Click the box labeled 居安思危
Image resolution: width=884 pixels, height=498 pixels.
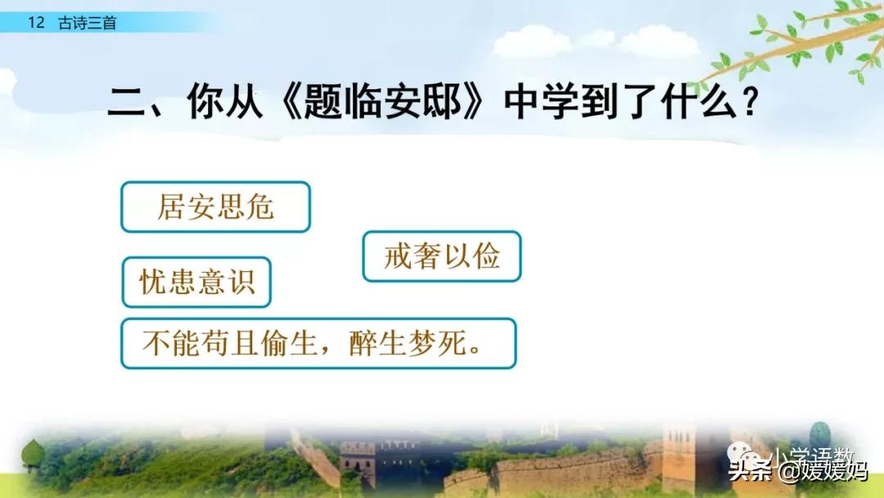(x=215, y=207)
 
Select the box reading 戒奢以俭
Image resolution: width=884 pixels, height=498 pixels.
(x=441, y=256)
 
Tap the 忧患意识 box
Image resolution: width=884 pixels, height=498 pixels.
(x=196, y=282)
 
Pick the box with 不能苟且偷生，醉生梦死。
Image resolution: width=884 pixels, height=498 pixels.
(x=318, y=343)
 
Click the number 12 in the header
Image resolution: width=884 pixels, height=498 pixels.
(x=36, y=23)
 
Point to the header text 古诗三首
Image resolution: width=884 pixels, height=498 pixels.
(x=88, y=23)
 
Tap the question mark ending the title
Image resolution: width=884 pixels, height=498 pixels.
(x=750, y=102)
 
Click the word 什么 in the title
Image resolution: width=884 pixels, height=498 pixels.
(x=699, y=102)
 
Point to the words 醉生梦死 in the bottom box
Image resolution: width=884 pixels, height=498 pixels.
(x=407, y=343)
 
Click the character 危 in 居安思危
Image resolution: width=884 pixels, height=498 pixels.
(x=260, y=206)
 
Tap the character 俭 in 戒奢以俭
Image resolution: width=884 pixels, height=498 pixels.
(x=486, y=256)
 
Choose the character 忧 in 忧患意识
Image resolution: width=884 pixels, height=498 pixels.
(x=154, y=282)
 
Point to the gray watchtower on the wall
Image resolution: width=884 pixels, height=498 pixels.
(x=358, y=463)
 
